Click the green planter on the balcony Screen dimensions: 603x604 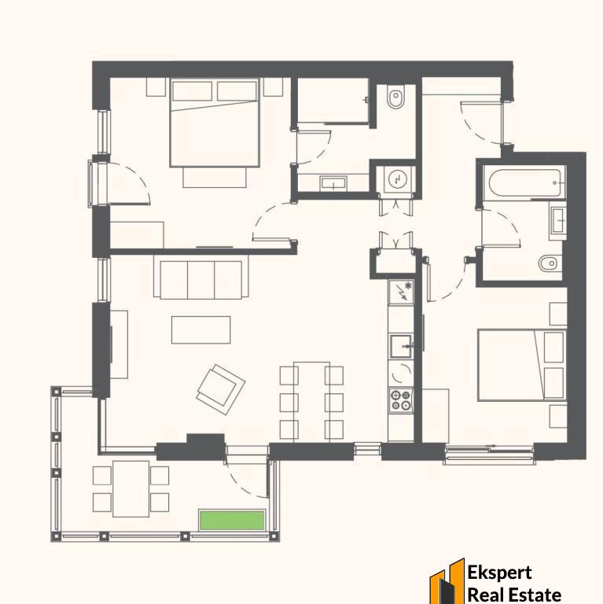pos(232,520)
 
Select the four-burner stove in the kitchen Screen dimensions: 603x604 pos(400,400)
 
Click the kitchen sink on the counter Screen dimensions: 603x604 pos(401,346)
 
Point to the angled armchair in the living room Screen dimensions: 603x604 pos(221,389)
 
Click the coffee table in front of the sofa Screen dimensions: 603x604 pos(200,330)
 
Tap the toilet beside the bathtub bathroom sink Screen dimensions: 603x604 pos(550,264)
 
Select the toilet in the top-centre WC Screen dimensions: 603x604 pos(395,98)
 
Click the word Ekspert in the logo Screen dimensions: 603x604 pos(499,573)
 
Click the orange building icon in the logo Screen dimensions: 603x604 pos(447,581)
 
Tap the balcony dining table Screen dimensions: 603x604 pos(131,489)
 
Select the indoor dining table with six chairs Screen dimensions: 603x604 pos(311,402)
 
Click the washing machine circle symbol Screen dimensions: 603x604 pos(395,179)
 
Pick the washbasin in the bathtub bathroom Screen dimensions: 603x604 pos(558,220)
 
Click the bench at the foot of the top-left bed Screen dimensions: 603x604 pos(215,177)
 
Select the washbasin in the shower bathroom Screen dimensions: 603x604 pos(333,183)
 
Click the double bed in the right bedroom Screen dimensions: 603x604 pos(522,365)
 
